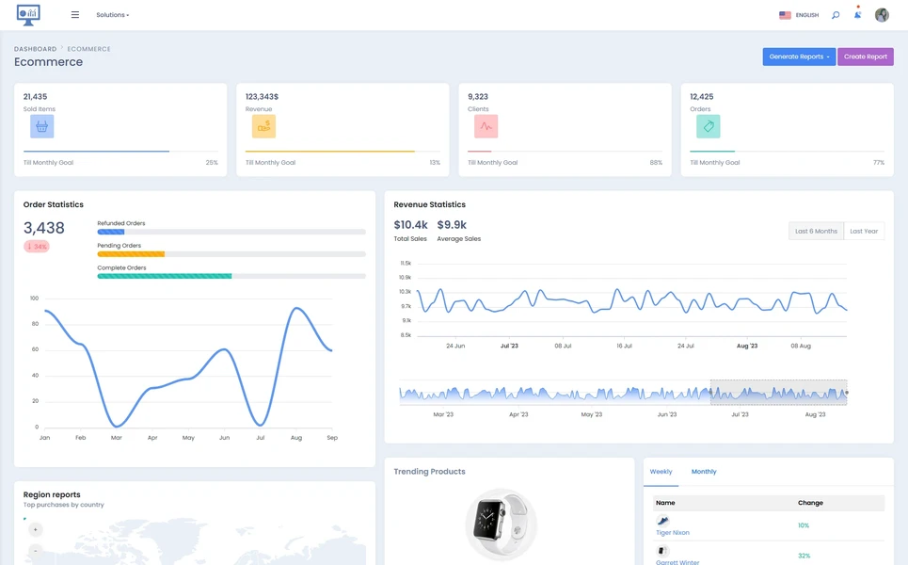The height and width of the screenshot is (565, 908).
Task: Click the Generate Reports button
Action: point(798,56)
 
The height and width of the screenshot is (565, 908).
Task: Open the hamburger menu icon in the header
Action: point(75,15)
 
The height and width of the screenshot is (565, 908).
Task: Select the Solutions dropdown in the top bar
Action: point(112,15)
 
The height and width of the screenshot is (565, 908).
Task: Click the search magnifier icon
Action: point(835,15)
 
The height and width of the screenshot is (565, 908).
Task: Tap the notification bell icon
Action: point(857,15)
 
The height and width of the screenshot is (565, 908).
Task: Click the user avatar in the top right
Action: point(882,15)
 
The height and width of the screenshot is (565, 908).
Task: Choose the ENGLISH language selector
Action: point(799,15)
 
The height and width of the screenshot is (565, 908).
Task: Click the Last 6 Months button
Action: point(816,231)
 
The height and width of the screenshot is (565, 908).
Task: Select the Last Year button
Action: point(864,231)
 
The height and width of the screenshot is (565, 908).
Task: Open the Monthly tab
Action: point(704,472)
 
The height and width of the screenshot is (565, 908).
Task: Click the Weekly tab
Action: point(661,472)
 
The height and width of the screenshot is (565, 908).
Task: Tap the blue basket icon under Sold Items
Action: point(41,126)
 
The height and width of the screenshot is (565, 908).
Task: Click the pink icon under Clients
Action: point(486,126)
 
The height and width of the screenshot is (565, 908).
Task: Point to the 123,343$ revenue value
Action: point(262,96)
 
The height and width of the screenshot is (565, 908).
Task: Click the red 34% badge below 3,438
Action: point(37,247)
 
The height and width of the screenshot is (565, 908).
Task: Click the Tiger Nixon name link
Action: point(673,533)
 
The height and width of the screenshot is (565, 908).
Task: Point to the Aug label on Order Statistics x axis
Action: point(296,438)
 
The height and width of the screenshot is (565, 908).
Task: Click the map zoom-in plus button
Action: point(35,529)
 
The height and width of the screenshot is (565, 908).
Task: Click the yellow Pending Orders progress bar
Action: point(131,254)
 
